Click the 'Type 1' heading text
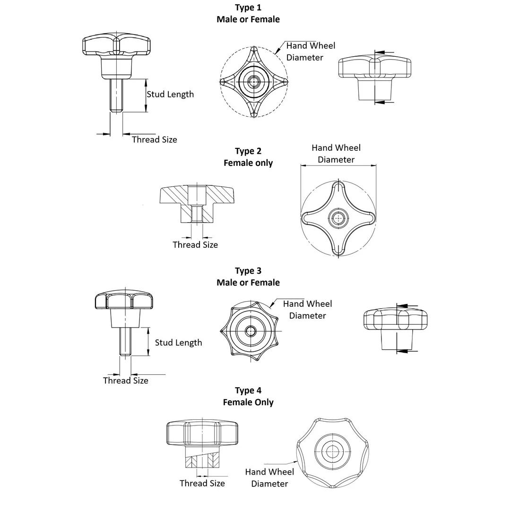pyautogui.click(x=248, y=8)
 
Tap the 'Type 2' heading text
pyautogui.click(x=248, y=151)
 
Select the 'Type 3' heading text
pyautogui.click(x=248, y=271)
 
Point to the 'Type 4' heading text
pyautogui.click(x=248, y=390)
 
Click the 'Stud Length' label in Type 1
pyautogui.click(x=170, y=94)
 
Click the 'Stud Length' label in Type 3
pyautogui.click(x=178, y=343)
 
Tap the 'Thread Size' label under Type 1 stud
pyautogui.click(x=155, y=139)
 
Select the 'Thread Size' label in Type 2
pyautogui.click(x=195, y=245)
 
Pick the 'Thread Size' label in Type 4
pyautogui.click(x=202, y=483)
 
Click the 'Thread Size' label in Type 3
pyautogui.click(x=126, y=381)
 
